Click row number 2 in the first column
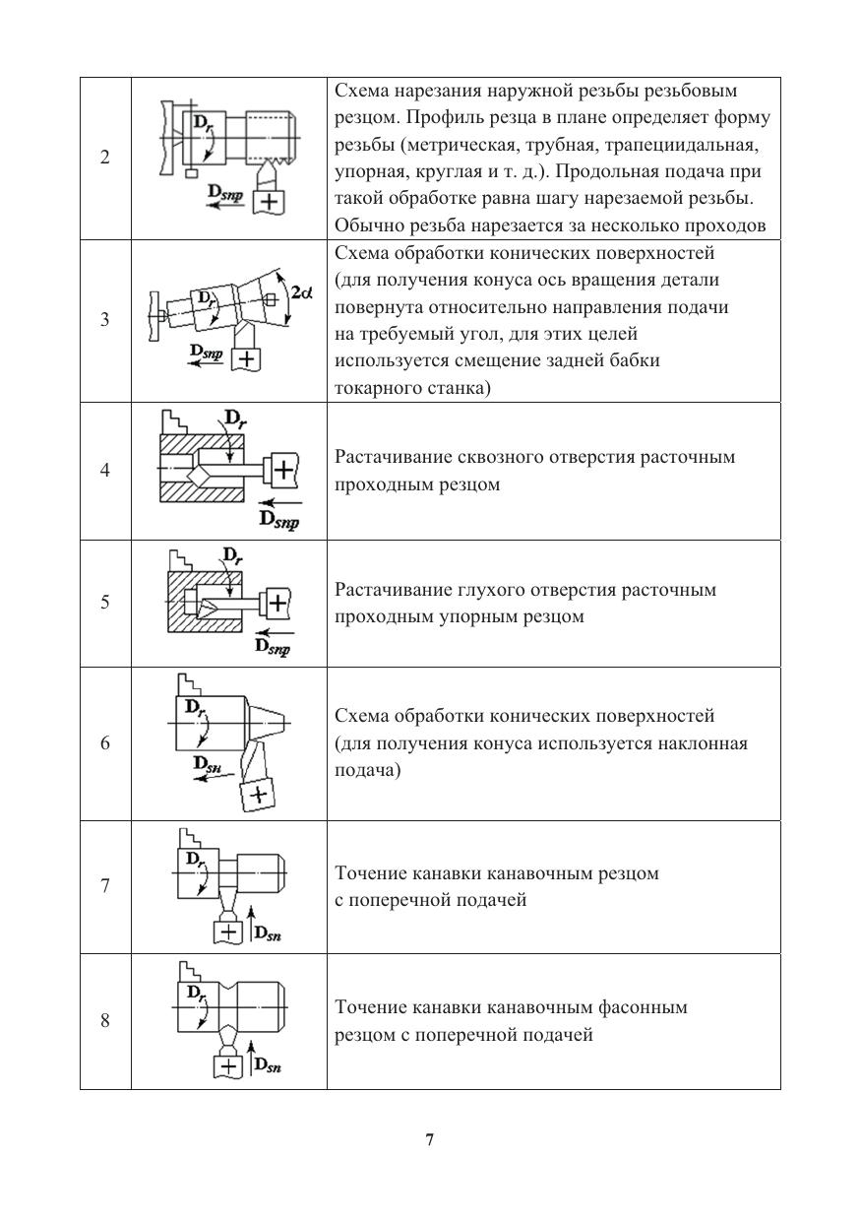pyautogui.click(x=105, y=158)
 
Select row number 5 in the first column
pyautogui.click(x=105, y=603)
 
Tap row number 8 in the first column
pyautogui.click(x=105, y=1021)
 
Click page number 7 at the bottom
pyautogui.click(x=430, y=1140)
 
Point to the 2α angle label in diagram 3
pyautogui.click(x=303, y=292)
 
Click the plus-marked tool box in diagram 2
pyautogui.click(x=267, y=203)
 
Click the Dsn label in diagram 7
pyautogui.click(x=269, y=933)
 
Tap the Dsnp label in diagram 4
pyautogui.click(x=278, y=518)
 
